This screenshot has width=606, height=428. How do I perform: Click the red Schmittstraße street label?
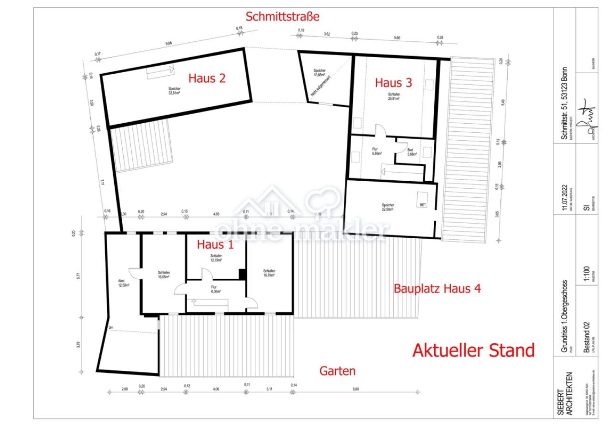click(282, 17)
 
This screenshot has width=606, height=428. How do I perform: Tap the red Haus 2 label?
click(207, 78)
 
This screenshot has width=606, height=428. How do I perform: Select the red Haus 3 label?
click(393, 83)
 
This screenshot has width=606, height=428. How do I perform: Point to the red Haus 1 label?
click(215, 245)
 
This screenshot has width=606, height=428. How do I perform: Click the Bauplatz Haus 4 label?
click(437, 288)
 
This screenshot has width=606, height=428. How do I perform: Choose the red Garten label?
click(337, 371)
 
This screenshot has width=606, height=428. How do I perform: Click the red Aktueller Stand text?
click(473, 350)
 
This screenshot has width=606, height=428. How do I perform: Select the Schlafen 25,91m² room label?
click(394, 96)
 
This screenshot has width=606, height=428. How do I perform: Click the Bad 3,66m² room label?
click(412, 152)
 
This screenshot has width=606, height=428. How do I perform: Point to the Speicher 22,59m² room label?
click(388, 207)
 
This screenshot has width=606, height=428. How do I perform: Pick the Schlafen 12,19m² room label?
click(216, 258)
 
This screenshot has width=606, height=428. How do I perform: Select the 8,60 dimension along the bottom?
click(356, 389)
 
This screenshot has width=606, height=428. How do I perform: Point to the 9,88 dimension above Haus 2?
click(168, 43)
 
